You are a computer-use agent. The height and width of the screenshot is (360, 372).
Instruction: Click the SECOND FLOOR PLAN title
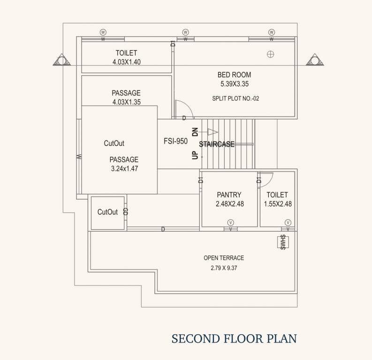coord(234,338)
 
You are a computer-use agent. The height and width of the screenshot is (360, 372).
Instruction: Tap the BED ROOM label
coord(234,75)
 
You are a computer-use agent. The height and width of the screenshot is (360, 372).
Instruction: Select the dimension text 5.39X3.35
coord(234,84)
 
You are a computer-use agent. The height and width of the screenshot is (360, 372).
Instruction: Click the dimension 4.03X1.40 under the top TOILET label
coord(126,62)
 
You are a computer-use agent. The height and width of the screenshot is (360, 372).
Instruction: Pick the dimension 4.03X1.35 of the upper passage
coord(126,102)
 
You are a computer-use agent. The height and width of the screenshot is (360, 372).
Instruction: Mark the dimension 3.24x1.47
coord(124,168)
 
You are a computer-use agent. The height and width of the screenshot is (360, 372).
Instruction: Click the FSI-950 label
coord(175,141)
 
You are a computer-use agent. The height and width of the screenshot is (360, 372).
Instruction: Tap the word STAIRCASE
coord(217,144)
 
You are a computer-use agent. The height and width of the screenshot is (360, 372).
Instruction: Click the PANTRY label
coord(229,195)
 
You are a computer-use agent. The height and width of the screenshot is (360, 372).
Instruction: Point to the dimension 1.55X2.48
coord(277,204)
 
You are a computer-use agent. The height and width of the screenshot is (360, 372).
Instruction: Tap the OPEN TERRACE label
coord(224,258)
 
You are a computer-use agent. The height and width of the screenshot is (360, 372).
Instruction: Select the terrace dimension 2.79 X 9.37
coord(224,269)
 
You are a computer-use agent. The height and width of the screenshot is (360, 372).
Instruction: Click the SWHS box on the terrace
coord(283,242)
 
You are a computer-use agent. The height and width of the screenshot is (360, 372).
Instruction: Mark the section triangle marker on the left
coord(62,60)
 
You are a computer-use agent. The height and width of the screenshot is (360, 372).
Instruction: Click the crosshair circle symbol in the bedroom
coord(270,54)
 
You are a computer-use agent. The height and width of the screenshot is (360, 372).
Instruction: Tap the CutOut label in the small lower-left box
coord(107,212)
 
